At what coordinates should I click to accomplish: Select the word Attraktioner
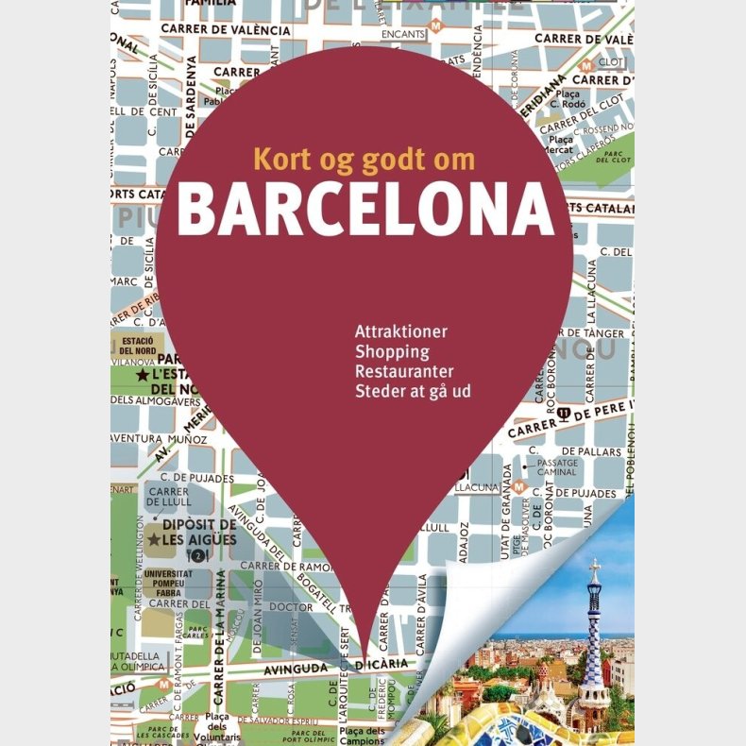(400, 332)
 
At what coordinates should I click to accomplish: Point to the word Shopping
(392, 351)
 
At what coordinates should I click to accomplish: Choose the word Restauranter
(404, 371)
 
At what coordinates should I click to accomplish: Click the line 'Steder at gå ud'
(413, 390)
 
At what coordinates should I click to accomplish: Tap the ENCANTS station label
(403, 35)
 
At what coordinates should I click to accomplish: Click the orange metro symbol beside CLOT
(586, 65)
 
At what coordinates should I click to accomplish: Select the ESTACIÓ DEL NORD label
(138, 344)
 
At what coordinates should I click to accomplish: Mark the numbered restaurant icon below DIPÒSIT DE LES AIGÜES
(197, 556)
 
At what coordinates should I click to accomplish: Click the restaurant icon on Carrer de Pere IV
(564, 413)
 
